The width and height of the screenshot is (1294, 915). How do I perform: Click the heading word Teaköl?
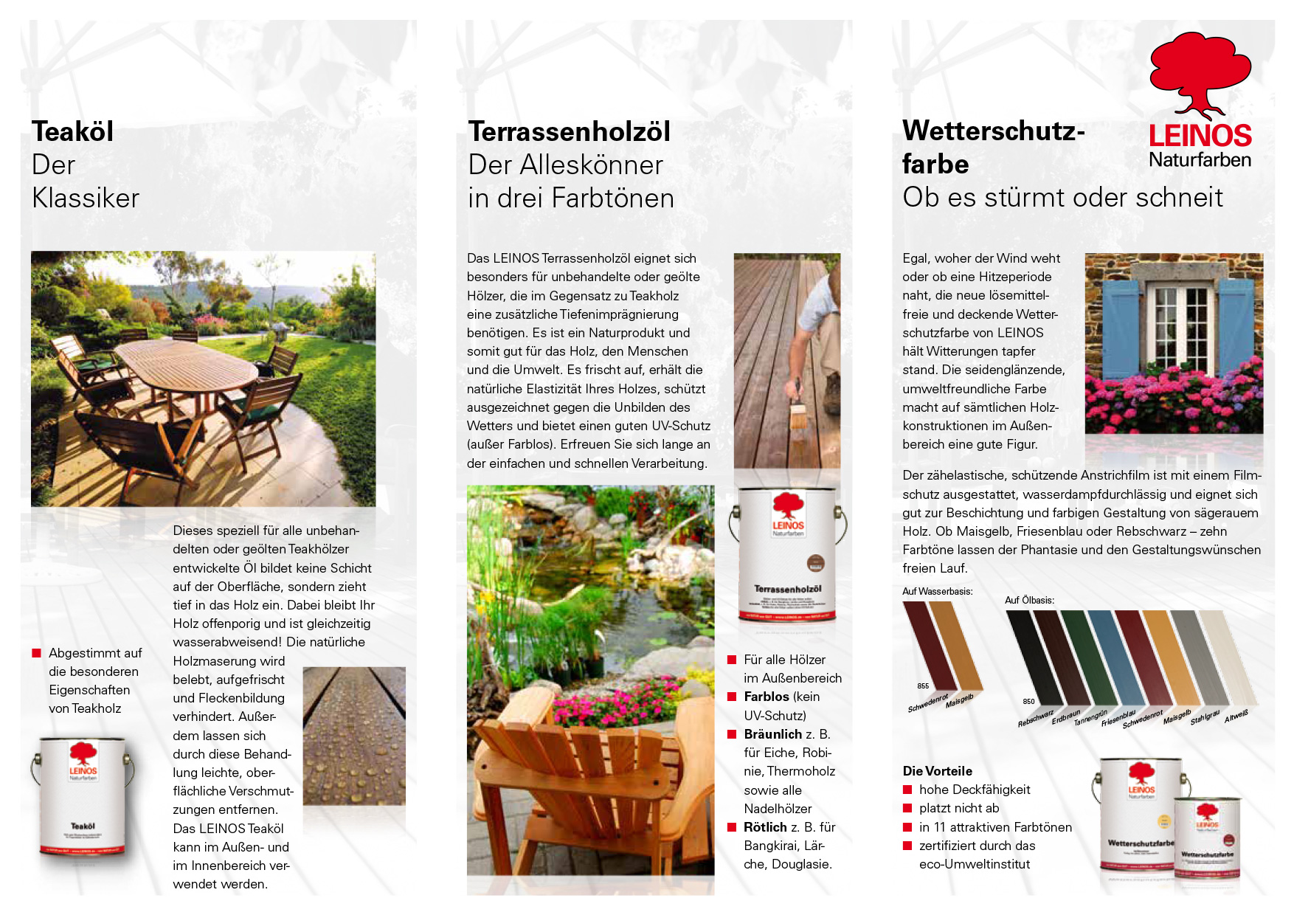click(x=73, y=132)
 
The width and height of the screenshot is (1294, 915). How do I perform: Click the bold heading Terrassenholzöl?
click(x=570, y=132)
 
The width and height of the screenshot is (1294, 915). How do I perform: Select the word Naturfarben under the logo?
click(x=1200, y=159)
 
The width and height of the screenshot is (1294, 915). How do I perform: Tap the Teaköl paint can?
click(x=83, y=797)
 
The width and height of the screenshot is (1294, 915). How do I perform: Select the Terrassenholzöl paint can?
click(x=787, y=553)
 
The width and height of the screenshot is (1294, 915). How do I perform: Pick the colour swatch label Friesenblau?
click(x=1118, y=718)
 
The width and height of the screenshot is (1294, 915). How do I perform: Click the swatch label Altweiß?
click(x=1236, y=716)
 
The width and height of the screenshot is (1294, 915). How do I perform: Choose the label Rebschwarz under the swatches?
click(x=1036, y=718)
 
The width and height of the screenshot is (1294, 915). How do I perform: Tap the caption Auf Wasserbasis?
click(x=937, y=591)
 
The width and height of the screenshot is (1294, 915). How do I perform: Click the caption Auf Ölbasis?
click(x=1029, y=600)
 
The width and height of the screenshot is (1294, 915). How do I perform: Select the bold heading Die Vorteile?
click(x=937, y=771)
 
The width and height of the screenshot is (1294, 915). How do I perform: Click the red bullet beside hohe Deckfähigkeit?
click(x=907, y=790)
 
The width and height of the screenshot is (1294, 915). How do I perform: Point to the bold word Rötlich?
click(x=765, y=827)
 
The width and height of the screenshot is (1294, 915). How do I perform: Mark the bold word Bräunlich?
click(x=772, y=734)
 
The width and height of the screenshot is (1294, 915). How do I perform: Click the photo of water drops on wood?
click(x=354, y=735)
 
